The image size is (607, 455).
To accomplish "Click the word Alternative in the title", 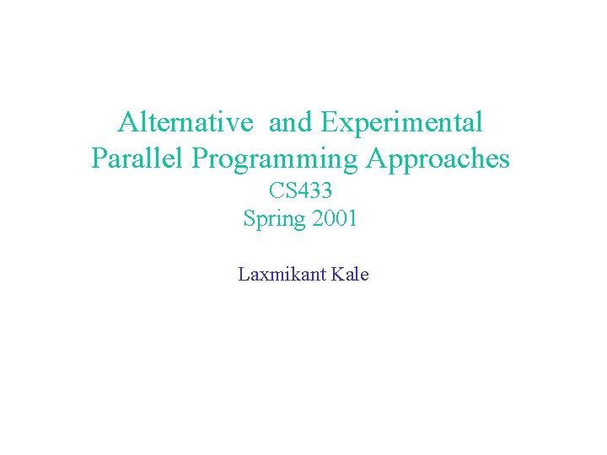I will pos(185,123).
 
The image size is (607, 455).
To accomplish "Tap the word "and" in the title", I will pos(290,123).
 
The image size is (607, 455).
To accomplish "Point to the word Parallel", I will pos(130,158).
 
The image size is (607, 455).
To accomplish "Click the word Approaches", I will pos(438,159).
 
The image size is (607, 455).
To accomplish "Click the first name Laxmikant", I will pos(282,274).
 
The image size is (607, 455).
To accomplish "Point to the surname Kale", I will pos(352,274).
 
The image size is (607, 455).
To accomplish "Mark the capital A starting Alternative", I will pos(128,123).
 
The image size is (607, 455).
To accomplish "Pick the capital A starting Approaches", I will pos(375,158).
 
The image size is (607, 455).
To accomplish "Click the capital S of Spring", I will pos(250,218).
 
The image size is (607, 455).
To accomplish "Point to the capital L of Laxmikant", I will pos(243,274).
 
